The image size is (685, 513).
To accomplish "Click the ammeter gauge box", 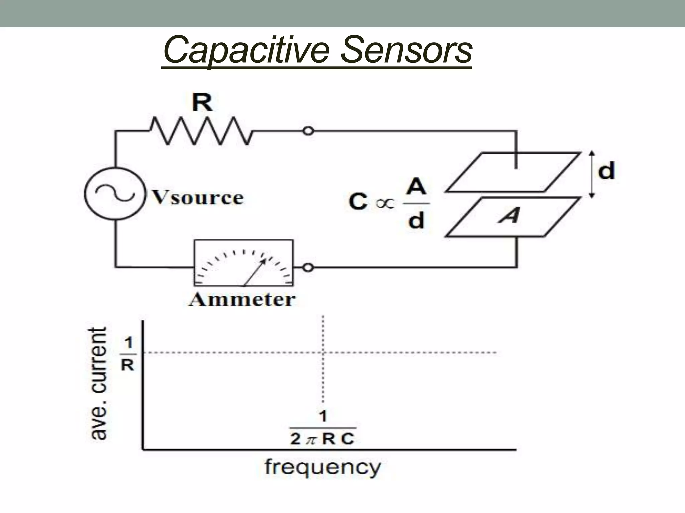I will click(243, 263).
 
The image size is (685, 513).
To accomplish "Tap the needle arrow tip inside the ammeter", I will click(265, 260).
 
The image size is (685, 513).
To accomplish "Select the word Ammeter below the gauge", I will click(242, 299).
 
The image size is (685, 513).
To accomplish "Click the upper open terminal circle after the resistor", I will click(308, 131).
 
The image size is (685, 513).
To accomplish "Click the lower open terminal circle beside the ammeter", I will click(308, 267).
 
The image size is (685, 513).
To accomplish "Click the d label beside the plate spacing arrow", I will click(606, 171).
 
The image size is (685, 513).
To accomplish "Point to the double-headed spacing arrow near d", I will click(591, 174).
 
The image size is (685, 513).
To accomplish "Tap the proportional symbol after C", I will click(385, 204).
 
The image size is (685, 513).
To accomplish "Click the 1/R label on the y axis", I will click(128, 354).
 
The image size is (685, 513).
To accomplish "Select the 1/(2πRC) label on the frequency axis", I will click(322, 429).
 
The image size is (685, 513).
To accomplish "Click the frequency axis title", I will click(322, 467).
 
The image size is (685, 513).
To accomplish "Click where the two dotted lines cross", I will click(323, 352).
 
